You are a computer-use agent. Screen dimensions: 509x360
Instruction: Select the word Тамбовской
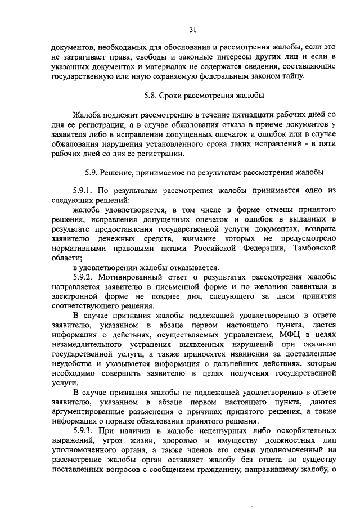click(x=313, y=248)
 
